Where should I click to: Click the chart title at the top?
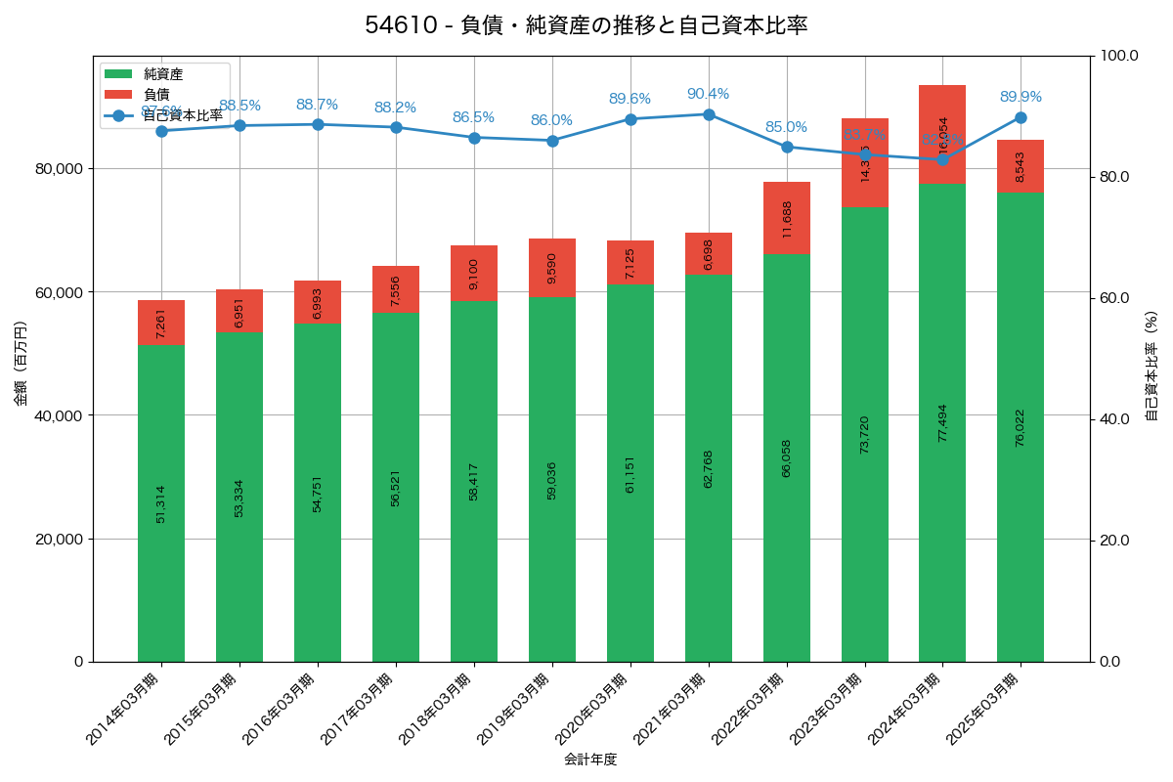point(586,25)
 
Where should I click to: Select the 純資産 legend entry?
point(162,74)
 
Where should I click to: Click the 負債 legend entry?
point(156,95)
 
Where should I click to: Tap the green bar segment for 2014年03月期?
point(161,503)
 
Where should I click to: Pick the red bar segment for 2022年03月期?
point(787,218)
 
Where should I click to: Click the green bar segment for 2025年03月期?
point(1021,427)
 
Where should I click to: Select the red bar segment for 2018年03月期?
point(474,273)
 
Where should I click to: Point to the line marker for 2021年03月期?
point(709,114)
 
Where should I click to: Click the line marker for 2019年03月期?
point(552,141)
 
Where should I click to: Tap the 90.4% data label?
point(708,94)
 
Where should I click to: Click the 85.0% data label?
point(786,127)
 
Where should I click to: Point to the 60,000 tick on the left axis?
point(60,292)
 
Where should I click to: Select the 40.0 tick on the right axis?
point(1113,419)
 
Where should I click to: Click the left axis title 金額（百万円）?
point(21,364)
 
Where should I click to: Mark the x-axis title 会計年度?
point(590,760)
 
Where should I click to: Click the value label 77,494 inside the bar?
point(942,422)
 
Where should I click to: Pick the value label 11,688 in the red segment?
point(787,219)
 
